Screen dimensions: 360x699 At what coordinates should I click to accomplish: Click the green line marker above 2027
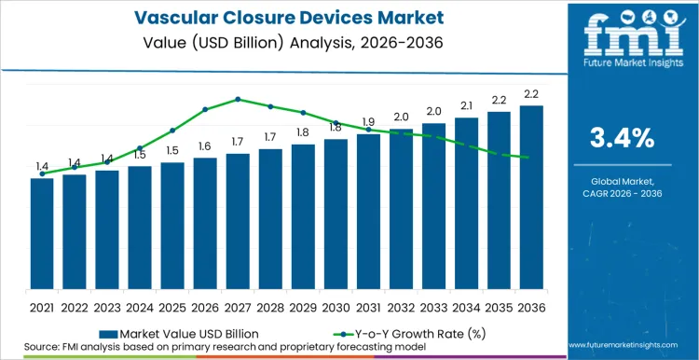tap(238, 99)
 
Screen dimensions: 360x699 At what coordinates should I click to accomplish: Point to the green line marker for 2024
tap(140, 148)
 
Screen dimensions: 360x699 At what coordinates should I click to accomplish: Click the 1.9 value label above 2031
tap(368, 122)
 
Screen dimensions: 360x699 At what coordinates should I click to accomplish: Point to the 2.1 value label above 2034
tap(466, 105)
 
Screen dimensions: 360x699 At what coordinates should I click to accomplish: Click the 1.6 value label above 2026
tap(205, 145)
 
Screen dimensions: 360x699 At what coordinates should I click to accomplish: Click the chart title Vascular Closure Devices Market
tap(279, 16)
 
